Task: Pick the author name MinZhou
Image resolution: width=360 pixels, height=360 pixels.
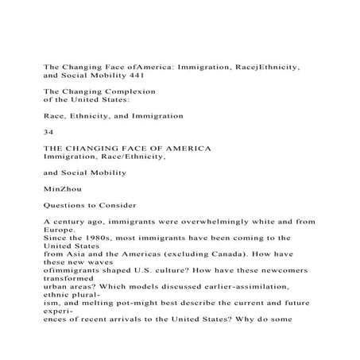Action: tap(64, 189)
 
